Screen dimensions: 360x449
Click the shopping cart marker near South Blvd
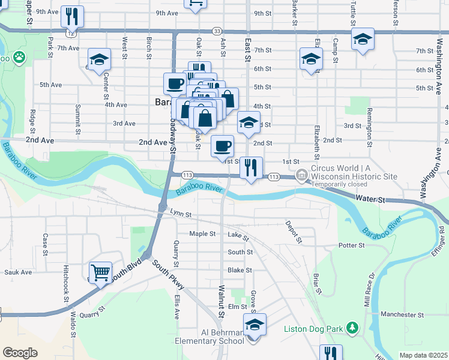click(100, 273)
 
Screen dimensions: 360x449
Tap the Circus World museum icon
click(301, 175)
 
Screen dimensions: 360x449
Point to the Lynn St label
click(180, 213)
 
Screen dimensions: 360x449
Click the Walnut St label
click(221, 301)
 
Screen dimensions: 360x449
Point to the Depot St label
click(297, 232)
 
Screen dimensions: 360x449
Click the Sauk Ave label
click(18, 272)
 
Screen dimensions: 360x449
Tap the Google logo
click(19, 353)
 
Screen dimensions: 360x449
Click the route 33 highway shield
click(217, 31)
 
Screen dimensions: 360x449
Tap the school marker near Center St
click(99, 59)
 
